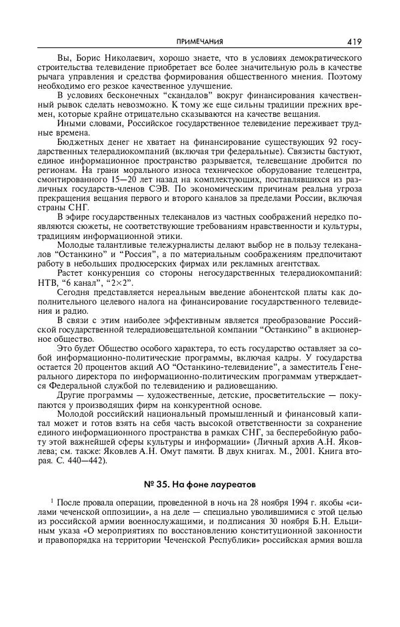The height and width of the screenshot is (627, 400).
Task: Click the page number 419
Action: point(354,41)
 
